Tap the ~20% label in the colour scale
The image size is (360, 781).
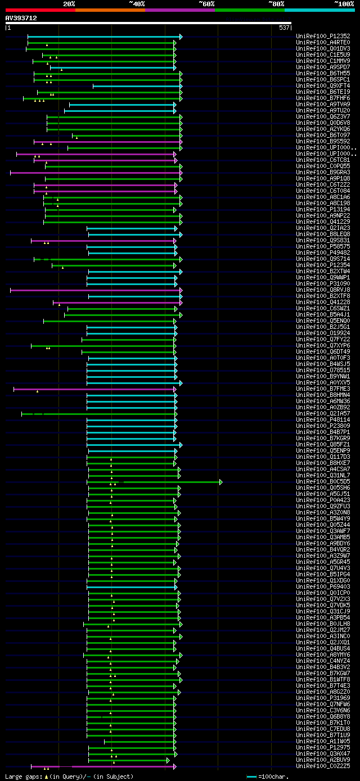point(69,4)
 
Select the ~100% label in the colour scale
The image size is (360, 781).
point(344,4)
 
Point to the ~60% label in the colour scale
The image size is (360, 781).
point(206,4)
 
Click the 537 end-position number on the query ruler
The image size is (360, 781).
point(284,28)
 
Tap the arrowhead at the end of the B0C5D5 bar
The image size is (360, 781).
point(221,482)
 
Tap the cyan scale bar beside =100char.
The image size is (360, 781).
point(251,777)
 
